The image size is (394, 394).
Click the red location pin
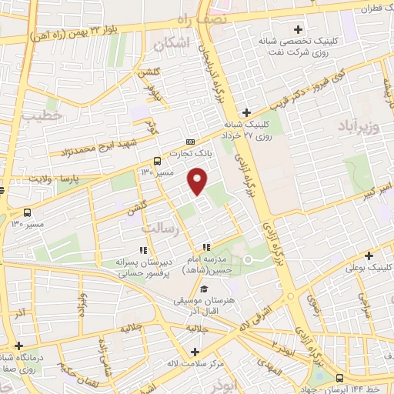click(199, 181)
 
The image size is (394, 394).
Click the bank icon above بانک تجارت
click(190, 142)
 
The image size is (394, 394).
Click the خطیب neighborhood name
click(41, 116)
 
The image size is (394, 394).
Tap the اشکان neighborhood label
click(172, 45)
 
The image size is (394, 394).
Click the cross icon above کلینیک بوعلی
click(369, 255)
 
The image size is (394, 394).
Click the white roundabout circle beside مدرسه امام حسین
click(248, 259)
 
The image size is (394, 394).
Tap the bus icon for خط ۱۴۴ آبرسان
click(341, 378)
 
